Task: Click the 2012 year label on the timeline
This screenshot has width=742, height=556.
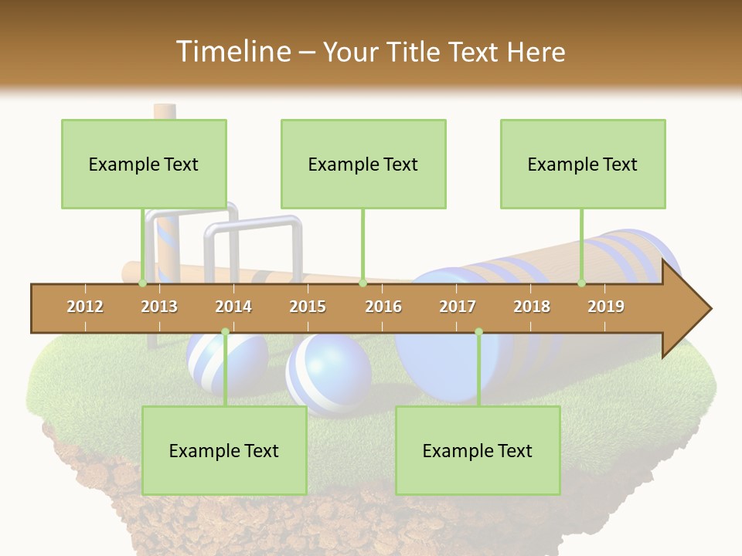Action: (x=85, y=307)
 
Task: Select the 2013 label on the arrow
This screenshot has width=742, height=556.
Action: (x=159, y=307)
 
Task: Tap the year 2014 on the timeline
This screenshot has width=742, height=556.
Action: (x=233, y=307)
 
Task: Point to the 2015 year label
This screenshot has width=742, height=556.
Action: (x=308, y=307)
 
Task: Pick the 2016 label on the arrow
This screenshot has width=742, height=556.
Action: (x=383, y=307)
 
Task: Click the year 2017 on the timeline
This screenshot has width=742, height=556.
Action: (x=458, y=307)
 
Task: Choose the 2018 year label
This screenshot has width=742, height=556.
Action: (x=532, y=307)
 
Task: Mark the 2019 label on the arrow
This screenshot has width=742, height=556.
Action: (x=606, y=307)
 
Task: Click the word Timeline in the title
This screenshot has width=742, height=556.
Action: (x=232, y=52)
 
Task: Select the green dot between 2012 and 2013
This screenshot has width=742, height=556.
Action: (x=143, y=283)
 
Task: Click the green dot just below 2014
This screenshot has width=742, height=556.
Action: (x=225, y=332)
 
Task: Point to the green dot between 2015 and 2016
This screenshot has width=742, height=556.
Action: (x=362, y=283)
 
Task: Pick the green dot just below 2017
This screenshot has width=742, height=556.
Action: (x=478, y=332)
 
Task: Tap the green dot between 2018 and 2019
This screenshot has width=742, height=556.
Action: (x=582, y=283)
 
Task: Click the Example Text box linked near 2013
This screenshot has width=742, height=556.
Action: (x=144, y=164)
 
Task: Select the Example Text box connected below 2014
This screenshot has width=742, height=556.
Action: (x=224, y=450)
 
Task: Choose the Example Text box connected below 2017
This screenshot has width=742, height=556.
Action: (x=478, y=450)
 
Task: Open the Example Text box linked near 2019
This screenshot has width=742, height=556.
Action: (x=583, y=164)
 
